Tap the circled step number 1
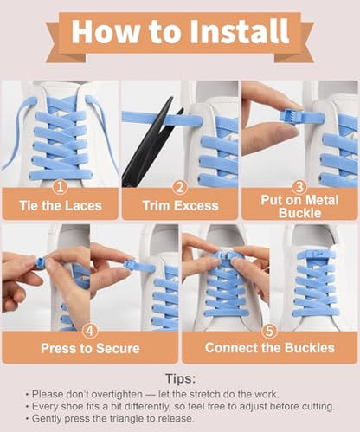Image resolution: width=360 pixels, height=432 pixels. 61,187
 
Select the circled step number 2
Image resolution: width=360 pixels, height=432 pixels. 180,187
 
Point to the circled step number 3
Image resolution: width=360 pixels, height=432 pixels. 299,187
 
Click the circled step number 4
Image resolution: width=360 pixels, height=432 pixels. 90,331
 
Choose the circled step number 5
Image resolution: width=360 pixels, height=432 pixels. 269,331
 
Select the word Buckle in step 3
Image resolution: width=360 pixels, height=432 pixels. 299,213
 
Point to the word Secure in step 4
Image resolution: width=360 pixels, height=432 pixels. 118,348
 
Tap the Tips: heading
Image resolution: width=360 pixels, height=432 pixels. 181,378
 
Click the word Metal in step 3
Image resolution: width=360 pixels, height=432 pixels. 322,200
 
